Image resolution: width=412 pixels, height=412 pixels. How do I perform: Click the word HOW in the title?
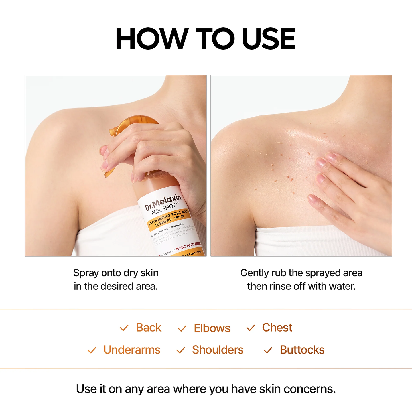(x=151, y=39)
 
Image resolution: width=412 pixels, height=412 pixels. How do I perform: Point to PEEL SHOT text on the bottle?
(x=163, y=209)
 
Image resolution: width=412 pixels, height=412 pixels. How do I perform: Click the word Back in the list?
(x=149, y=328)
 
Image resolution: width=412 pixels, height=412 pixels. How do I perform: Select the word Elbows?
(x=212, y=328)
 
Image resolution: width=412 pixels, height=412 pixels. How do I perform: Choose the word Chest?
(x=277, y=328)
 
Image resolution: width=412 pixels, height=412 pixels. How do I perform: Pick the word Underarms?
(x=132, y=350)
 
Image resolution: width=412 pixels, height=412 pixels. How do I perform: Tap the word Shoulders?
(x=218, y=350)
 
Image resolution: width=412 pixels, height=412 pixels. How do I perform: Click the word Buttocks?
(x=302, y=350)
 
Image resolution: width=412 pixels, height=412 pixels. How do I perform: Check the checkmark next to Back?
(x=124, y=328)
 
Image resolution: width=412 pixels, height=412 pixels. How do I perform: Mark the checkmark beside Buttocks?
(x=268, y=350)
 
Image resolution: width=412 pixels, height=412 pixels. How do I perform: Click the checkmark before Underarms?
(x=92, y=350)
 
